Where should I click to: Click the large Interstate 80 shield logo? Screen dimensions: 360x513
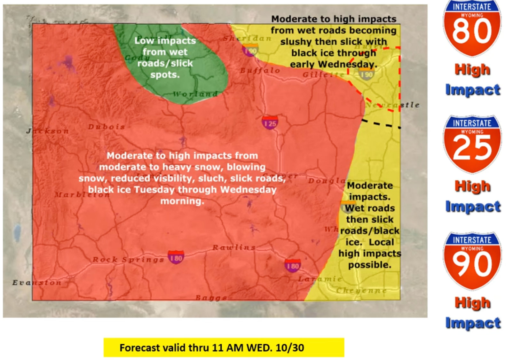coord(472,29)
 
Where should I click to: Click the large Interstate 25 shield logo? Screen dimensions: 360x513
coord(472,145)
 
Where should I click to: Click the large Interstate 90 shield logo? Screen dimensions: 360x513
coord(472,261)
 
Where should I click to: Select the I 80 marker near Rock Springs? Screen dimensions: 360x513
coord(176,257)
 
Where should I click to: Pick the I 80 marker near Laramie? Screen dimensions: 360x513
coord(293,265)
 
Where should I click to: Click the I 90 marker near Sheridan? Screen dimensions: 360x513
coord(250,51)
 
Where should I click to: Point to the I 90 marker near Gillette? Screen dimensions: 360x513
coord(366,74)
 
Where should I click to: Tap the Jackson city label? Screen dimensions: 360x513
coord(47,131)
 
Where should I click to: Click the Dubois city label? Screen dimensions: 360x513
coord(107,127)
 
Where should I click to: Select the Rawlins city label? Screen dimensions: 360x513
coord(234,247)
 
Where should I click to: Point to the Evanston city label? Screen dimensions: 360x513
coord(37,283)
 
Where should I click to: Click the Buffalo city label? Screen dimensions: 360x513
coord(260,71)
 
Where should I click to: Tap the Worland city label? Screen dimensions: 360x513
coord(195,94)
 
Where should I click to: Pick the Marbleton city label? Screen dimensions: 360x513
coord(82,195)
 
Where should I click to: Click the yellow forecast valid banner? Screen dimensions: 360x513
coord(224,348)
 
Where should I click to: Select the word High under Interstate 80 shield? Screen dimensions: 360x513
coord(472,69)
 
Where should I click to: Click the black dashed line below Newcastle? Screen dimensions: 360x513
coord(381,124)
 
